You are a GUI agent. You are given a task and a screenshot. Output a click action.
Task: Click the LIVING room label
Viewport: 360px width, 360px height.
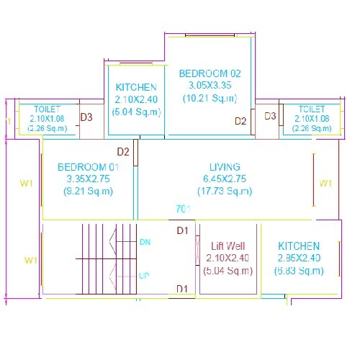click(225, 166)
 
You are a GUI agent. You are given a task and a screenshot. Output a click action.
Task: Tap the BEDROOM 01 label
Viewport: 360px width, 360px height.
click(88, 167)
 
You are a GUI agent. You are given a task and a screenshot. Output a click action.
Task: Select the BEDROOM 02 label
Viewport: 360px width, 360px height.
click(210, 73)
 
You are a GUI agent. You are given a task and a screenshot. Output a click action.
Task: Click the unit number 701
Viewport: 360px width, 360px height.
click(183, 209)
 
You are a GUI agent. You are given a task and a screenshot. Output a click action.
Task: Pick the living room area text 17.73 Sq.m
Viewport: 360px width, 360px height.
click(225, 191)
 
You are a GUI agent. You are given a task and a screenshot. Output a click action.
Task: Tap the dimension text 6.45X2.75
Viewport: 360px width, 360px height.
click(225, 179)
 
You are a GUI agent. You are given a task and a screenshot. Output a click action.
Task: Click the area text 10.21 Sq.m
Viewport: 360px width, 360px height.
click(210, 98)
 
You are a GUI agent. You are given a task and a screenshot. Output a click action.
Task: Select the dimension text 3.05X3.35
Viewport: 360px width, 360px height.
click(210, 86)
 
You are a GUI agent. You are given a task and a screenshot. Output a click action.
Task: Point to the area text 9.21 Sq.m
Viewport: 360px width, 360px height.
click(88, 191)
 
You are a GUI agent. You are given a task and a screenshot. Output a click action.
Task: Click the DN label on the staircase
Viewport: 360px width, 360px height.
click(144, 242)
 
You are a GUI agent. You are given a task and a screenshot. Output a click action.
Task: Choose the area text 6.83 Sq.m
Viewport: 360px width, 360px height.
click(300, 271)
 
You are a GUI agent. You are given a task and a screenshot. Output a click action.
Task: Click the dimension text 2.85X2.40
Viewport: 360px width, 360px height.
click(300, 258)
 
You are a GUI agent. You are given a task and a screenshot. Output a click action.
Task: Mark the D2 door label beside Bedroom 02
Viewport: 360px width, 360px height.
click(241, 121)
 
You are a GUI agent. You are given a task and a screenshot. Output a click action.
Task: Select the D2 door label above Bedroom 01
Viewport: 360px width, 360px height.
click(123, 152)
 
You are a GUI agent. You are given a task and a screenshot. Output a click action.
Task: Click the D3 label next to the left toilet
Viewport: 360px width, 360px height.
click(86, 117)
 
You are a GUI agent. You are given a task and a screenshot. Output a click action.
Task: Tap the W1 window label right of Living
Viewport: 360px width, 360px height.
click(325, 182)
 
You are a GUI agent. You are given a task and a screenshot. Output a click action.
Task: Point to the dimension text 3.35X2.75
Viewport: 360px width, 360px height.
click(88, 179)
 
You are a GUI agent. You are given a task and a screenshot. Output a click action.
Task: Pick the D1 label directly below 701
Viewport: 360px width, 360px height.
click(183, 230)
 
